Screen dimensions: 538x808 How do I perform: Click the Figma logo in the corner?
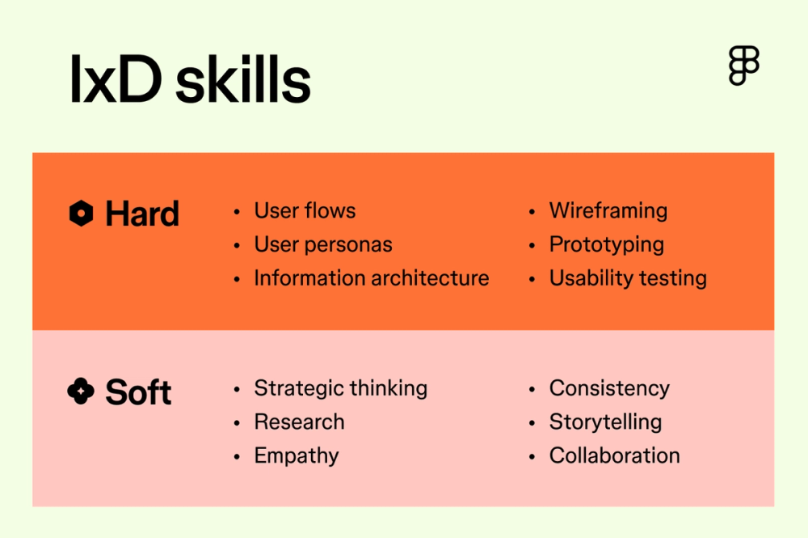coord(743,66)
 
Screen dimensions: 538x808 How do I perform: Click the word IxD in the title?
coord(116,81)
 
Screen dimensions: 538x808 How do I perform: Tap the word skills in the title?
coord(243,81)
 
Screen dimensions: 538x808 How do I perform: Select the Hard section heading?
coord(142,214)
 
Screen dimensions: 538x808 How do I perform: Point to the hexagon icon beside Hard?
coord(81,214)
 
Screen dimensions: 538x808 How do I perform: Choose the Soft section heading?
coord(138,392)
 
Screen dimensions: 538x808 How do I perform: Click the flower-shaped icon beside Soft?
coord(81,392)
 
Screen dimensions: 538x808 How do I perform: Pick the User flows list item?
coord(305,211)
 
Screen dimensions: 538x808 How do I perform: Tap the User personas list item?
coord(323,244)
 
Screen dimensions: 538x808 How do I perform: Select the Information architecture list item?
coord(371,278)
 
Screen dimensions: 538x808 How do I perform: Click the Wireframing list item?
coord(608,211)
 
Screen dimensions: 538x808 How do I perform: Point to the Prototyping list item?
coord(607,244)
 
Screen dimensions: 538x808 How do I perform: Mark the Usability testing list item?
coord(628,278)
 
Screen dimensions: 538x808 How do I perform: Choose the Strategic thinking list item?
coord(340,388)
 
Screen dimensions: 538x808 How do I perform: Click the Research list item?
coord(299,422)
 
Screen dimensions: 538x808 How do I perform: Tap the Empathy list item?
coord(296,455)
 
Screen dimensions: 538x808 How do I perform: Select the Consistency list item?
coord(609,388)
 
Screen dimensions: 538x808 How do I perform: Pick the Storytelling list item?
coord(605,422)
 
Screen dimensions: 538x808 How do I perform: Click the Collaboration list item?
coord(614,455)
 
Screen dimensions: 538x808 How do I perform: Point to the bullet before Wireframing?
coord(532,212)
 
